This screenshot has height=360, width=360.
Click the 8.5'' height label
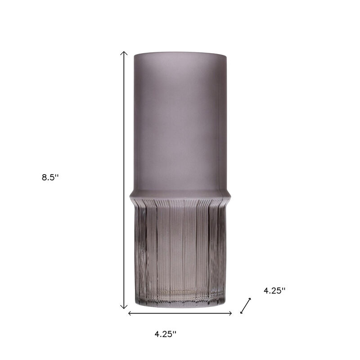pyautogui.click(x=50, y=177)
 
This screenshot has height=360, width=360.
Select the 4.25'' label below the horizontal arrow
pyautogui.click(x=165, y=334)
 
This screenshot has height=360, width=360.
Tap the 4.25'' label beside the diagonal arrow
pyautogui.click(x=274, y=291)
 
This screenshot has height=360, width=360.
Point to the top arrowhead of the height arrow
pyautogui.click(x=124, y=53)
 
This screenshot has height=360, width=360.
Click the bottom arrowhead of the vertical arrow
pyautogui.click(x=124, y=306)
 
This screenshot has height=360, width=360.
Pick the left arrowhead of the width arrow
pyautogui.click(x=130, y=313)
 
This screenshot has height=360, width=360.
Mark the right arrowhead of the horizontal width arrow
pyautogui.click(x=230, y=313)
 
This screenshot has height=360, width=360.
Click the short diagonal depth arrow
pyautogui.click(x=245, y=306)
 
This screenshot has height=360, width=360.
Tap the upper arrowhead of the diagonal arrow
pyautogui.click(x=249, y=300)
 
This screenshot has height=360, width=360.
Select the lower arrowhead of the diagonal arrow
pyautogui.click(x=242, y=311)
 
